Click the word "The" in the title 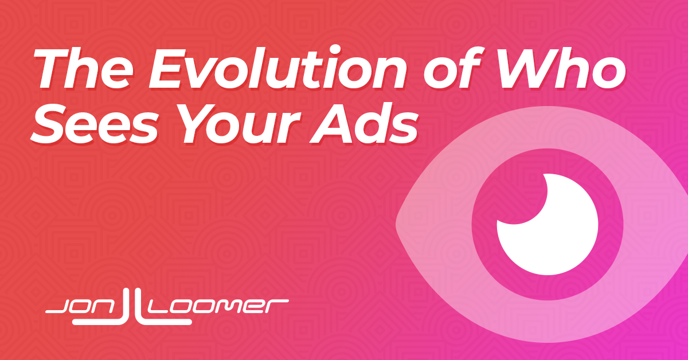(x=83, y=68)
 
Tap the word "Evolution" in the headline (x=277, y=67)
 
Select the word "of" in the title (x=452, y=67)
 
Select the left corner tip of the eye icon (x=396, y=224)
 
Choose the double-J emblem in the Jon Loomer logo (x=132, y=307)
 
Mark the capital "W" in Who (x=527, y=68)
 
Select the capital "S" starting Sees (x=50, y=124)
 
